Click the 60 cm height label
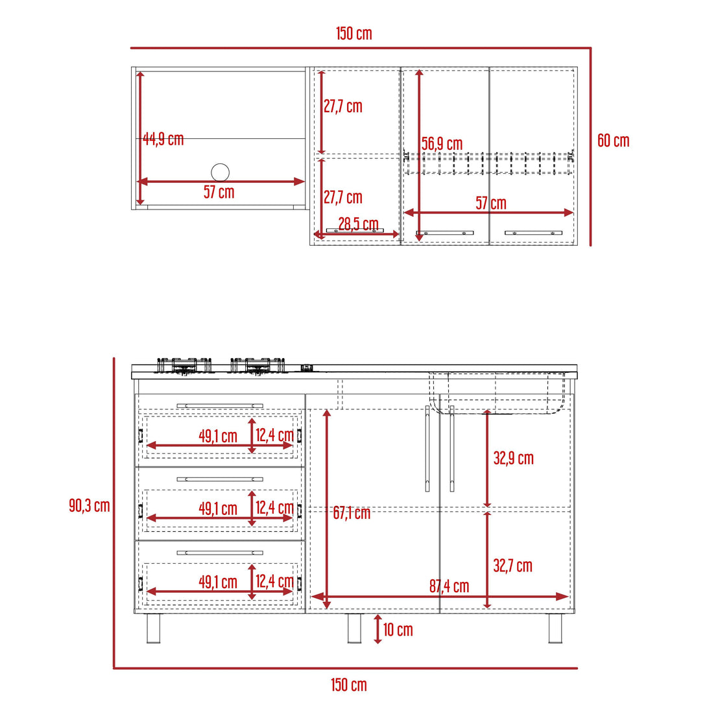(613, 141)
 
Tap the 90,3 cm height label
(90, 506)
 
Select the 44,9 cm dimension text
(163, 139)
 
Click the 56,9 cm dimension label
(442, 144)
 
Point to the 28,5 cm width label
(358, 224)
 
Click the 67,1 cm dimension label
(352, 513)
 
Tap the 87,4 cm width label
(449, 586)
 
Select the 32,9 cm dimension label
(513, 459)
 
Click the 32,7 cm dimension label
(512, 566)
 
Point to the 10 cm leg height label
(398, 630)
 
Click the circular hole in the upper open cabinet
(220, 173)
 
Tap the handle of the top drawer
(220, 406)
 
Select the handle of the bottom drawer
(220, 553)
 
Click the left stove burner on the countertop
(184, 366)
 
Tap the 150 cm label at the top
(354, 34)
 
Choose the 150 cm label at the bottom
(348, 685)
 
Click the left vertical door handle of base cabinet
(427, 449)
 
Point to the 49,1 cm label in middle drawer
(218, 509)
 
